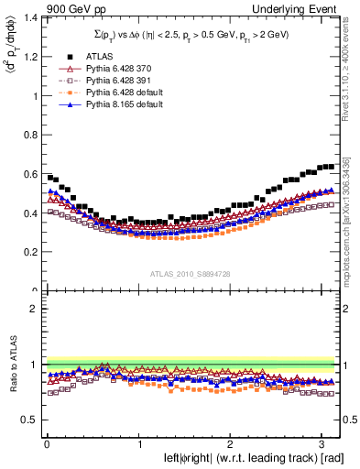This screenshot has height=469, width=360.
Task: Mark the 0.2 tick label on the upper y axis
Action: click(x=30, y=252)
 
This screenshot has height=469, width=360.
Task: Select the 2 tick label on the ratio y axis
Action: click(x=35, y=309)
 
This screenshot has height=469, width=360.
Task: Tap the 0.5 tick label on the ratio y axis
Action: click(x=30, y=420)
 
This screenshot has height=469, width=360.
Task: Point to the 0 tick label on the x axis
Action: click(x=47, y=444)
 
